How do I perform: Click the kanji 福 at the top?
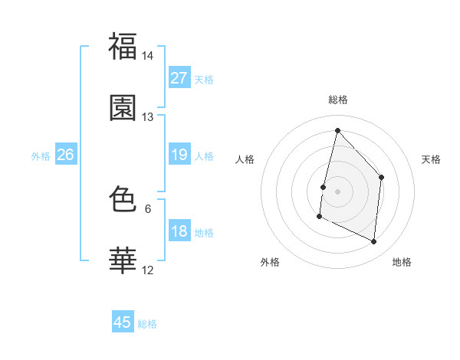tap(123, 47)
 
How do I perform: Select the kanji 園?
tap(123, 108)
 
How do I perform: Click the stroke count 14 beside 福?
tap(148, 56)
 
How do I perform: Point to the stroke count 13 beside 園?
tap(148, 117)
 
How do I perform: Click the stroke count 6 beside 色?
tap(148, 208)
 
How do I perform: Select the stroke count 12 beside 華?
tap(148, 270)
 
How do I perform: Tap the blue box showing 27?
tap(179, 78)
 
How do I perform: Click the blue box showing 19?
tap(179, 155)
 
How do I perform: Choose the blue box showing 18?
tap(179, 231)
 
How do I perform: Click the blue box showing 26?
tap(65, 155)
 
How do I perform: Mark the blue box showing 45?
tap(123, 322)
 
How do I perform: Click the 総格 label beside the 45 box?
tap(147, 324)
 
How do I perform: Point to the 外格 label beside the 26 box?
tap(41, 156)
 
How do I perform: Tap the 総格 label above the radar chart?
tap(337, 100)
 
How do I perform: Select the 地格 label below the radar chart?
tap(402, 263)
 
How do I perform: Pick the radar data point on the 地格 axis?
tap(374, 241)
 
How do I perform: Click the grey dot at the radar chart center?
tap(337, 191)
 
